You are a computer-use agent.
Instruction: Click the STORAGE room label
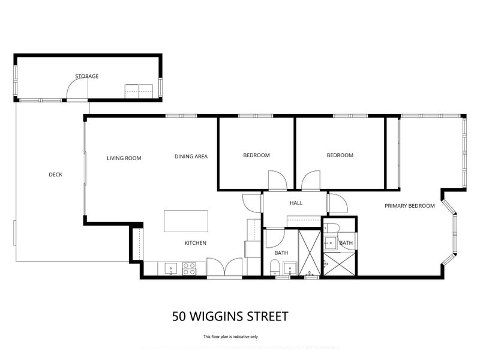86,76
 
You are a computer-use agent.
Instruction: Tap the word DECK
55,175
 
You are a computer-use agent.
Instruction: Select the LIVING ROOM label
124,158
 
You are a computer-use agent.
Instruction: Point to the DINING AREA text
191,157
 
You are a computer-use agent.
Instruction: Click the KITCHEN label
195,243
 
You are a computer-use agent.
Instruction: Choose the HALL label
296,203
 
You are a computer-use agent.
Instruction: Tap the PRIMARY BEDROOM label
409,206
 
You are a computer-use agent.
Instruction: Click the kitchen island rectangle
187,220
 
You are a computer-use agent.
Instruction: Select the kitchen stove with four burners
190,268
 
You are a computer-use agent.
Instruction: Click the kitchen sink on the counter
170,268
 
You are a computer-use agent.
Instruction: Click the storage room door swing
77,89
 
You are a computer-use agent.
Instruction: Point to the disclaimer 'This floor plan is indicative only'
231,337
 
